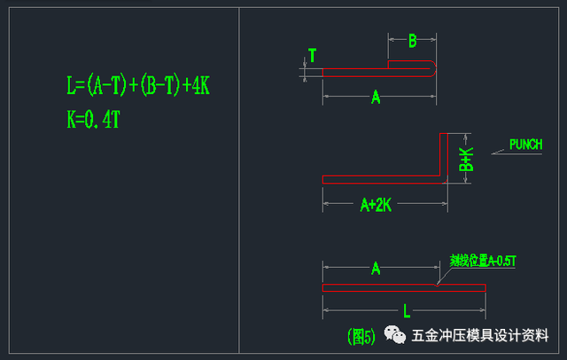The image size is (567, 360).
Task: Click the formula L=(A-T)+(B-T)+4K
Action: pos(137,86)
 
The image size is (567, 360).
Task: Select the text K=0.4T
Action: pos(93,120)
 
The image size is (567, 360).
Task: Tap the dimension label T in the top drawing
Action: pos(312,55)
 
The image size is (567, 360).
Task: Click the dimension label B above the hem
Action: pos(412,40)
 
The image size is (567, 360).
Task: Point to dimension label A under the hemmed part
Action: pos(376,98)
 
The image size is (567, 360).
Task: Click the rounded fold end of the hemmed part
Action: pos(432,67)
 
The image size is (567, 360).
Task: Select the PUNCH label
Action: pos(525,145)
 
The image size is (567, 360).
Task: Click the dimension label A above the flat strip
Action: pos(376,268)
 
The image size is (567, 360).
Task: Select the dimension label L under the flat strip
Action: pos(406,311)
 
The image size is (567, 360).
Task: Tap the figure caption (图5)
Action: pos(361,336)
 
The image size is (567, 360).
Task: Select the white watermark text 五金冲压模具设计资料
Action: pos(479,336)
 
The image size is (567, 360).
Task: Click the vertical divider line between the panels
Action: pos(240,177)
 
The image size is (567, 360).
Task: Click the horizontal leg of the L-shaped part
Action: pos(381,179)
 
